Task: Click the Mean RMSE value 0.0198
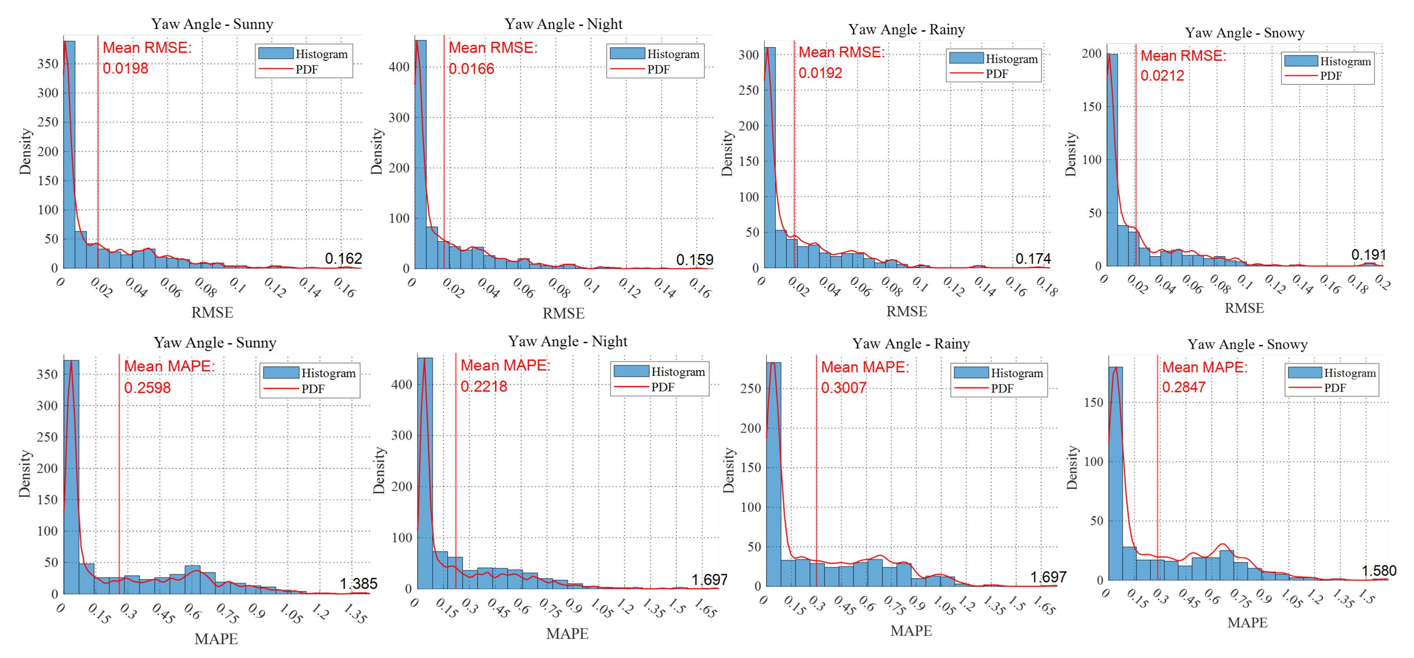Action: [x=125, y=68]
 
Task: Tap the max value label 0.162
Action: [x=343, y=258]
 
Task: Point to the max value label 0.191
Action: [x=1368, y=255]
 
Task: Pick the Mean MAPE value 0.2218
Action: [x=484, y=387]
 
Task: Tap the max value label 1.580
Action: [x=1378, y=571]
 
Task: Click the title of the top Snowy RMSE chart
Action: [x=1244, y=33]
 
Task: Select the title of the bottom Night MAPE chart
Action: [x=567, y=341]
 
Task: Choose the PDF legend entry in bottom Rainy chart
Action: [x=1002, y=388]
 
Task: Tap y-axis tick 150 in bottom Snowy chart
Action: [x=1093, y=403]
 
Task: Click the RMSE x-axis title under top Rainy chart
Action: [x=906, y=311]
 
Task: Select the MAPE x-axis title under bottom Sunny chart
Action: [x=216, y=639]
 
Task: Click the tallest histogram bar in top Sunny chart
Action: [x=69, y=154]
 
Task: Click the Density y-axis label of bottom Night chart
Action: [x=379, y=471]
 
